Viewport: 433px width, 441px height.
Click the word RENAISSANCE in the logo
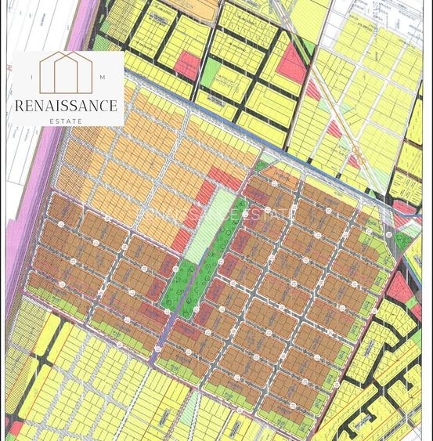point(67,105)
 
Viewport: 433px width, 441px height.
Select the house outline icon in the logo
point(67,72)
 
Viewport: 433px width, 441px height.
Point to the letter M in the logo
point(103,78)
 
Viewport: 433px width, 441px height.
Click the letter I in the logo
point(31,78)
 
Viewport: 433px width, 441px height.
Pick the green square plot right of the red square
point(211,73)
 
